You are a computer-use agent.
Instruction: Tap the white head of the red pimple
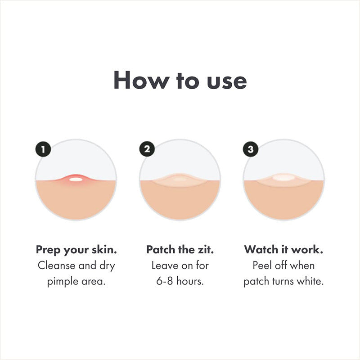pyautogui.click(x=76, y=180)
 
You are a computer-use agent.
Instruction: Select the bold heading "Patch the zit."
pyautogui.click(x=180, y=249)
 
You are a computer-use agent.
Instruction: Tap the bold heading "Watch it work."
pyautogui.click(x=283, y=249)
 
